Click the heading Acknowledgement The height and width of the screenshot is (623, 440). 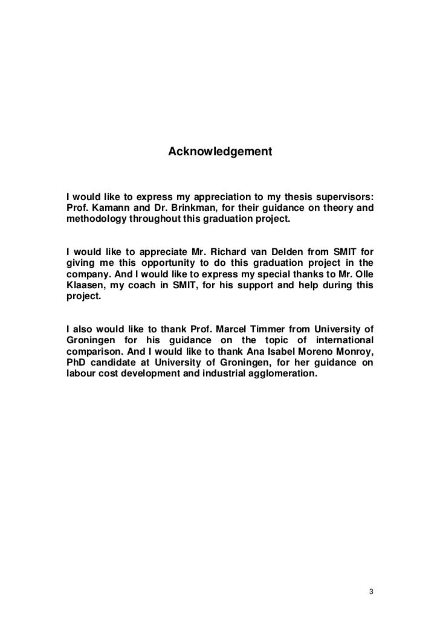[x=220, y=149]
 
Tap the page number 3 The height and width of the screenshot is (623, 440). [x=371, y=590]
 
